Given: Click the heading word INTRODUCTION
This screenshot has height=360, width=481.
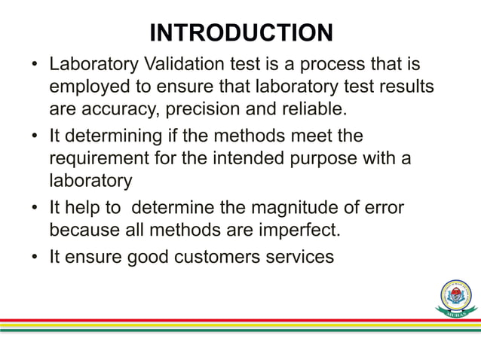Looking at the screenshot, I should (x=240, y=33).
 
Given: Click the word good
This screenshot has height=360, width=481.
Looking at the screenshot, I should (x=148, y=257).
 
